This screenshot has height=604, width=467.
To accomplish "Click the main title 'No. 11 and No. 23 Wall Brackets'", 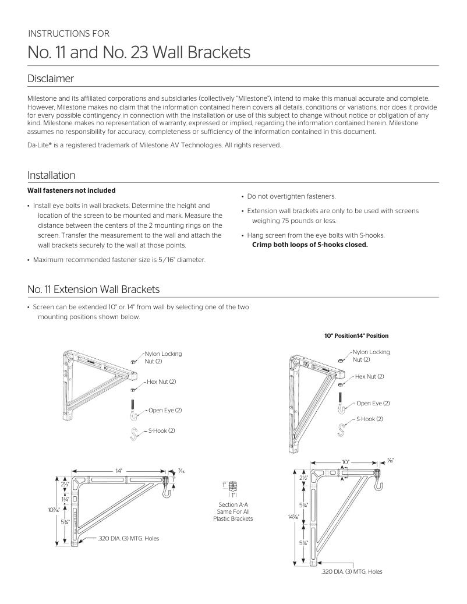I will (139, 53).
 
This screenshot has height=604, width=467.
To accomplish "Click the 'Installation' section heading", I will (51, 175).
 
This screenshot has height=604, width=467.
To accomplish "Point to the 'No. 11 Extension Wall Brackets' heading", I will (94, 289).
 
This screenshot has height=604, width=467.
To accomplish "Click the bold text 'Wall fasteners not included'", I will (72, 190).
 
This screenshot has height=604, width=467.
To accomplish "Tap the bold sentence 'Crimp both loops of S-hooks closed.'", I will (310, 245).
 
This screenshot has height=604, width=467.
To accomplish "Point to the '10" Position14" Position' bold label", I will (356, 335).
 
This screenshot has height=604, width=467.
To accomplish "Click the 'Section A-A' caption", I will (233, 504).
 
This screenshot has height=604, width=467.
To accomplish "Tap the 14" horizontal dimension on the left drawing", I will (119, 469).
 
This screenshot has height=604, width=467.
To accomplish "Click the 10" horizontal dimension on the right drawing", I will (345, 461).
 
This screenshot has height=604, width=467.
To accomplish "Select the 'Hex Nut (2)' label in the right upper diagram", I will (369, 376).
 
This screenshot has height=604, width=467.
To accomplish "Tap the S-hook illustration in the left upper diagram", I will (133, 433).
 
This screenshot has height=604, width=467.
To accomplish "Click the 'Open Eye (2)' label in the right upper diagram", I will (373, 403).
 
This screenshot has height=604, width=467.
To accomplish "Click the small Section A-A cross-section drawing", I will (233, 486).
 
